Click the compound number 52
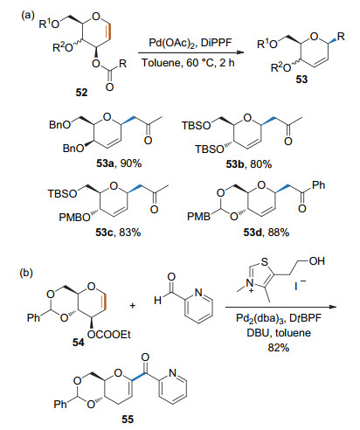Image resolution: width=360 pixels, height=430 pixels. [x=81, y=93]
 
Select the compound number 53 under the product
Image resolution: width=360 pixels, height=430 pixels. [x=301, y=79]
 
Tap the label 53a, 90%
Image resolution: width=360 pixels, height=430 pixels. [x=119, y=163]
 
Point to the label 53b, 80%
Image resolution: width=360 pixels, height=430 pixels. [x=249, y=164]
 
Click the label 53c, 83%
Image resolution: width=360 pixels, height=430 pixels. [x=118, y=232]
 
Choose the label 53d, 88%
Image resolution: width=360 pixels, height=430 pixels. [x=267, y=232]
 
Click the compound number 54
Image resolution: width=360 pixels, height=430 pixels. [x=78, y=342]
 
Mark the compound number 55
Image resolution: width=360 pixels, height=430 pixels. [x=128, y=419]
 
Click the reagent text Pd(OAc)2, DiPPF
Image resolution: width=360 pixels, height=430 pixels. [x=190, y=43]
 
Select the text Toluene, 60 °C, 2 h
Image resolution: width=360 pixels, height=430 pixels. [x=188, y=62]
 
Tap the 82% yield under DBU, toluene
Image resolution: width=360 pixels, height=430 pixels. [x=279, y=348]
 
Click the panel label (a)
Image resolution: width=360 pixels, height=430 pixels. [x=28, y=15]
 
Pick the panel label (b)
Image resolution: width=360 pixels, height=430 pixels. [x=26, y=273]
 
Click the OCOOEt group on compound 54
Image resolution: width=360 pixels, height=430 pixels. [x=109, y=335]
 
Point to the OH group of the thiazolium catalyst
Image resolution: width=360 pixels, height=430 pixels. [x=317, y=261]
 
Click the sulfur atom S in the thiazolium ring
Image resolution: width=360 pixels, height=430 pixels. [x=265, y=262]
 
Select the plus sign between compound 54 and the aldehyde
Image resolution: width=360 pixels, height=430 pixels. [x=133, y=305]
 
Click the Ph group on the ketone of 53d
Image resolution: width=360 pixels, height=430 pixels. [x=318, y=185]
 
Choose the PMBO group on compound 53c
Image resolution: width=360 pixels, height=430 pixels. [x=74, y=217]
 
